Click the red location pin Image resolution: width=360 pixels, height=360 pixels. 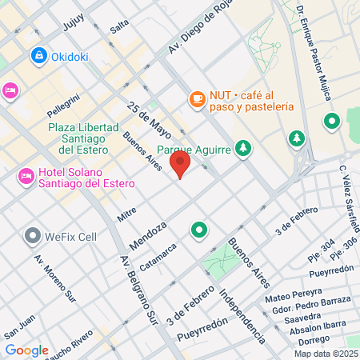[181, 166]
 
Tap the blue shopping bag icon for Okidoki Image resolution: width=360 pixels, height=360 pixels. [38, 56]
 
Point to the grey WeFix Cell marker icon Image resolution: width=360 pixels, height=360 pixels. [33, 236]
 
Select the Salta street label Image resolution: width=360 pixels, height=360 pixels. [119, 26]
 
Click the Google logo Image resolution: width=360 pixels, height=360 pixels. [26, 350]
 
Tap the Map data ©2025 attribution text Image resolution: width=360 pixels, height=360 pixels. [326, 353]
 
